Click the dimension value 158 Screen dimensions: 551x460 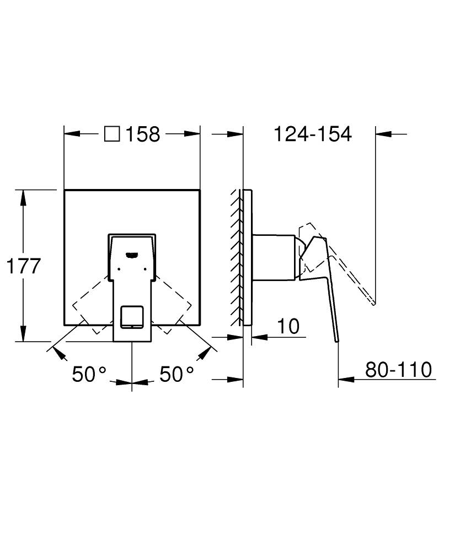point(143,134)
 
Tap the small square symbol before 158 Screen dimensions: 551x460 point(112,134)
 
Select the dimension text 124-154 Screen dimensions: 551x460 point(313,134)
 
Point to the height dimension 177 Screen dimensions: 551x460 point(23,266)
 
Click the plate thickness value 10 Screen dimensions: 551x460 point(288,326)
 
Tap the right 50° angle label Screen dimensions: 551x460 point(176,375)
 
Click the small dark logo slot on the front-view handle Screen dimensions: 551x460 point(132,255)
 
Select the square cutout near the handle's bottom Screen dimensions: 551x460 point(131,316)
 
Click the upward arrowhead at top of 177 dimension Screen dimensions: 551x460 point(23,196)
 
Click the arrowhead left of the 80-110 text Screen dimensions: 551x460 point(345,379)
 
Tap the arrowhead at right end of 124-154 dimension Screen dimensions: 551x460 point(382,133)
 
